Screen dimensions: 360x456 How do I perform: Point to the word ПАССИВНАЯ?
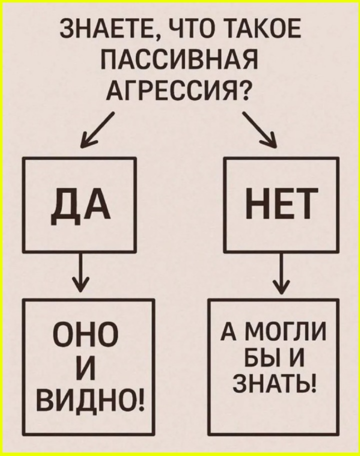[179, 60]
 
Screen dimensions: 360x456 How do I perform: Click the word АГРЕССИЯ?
[172, 90]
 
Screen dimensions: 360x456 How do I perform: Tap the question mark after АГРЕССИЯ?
[244, 90]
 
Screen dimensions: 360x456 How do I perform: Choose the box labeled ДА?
[79, 204]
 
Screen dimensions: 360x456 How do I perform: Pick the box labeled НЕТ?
[281, 204]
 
